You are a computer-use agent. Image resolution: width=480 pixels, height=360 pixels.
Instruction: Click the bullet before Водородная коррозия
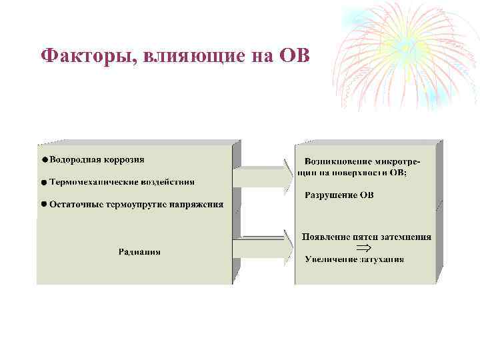pos(43,160)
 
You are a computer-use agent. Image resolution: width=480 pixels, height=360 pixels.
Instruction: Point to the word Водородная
pos(74,160)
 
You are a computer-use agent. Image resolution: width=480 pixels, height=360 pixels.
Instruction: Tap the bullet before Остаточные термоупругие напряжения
pos(43,204)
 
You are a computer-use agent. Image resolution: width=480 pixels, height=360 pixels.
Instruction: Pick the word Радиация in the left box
pos(139,252)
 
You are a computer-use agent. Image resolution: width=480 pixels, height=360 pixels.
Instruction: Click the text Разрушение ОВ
pos(339,195)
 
